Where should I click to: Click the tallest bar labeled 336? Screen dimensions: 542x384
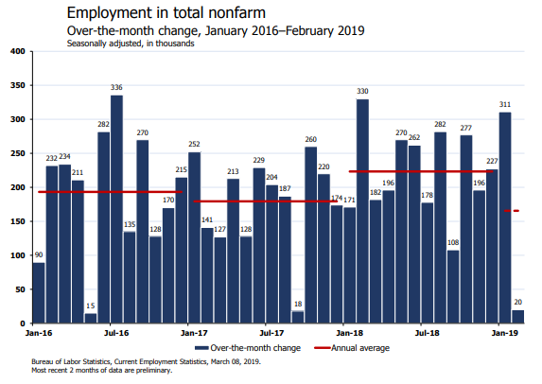pyautogui.click(x=116, y=209)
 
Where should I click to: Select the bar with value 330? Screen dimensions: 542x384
pyautogui.click(x=362, y=211)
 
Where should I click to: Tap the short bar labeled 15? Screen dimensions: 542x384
pyautogui.click(x=91, y=319)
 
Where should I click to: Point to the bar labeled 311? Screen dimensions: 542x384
pyautogui.click(x=505, y=218)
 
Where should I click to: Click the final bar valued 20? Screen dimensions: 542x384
pyautogui.click(x=517, y=317)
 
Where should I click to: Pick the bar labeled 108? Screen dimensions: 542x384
pyautogui.click(x=453, y=287)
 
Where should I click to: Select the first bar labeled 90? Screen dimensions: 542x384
pyautogui.click(x=39, y=293)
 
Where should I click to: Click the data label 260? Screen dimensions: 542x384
pyautogui.click(x=311, y=139)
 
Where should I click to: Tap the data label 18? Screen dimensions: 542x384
pyautogui.click(x=298, y=304)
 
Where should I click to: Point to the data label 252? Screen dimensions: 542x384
pyautogui.click(x=194, y=144)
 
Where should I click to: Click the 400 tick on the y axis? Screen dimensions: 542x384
pyautogui.click(x=18, y=51)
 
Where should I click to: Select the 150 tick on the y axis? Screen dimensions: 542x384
pyautogui.click(x=18, y=221)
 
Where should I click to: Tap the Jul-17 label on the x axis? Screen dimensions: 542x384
pyautogui.click(x=271, y=333)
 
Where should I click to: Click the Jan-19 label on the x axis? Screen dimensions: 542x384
pyautogui.click(x=505, y=333)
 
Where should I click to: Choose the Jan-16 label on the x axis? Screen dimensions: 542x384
pyautogui.click(x=39, y=333)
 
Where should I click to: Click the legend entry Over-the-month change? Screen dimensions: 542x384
pyautogui.click(x=248, y=348)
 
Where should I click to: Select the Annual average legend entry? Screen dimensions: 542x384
pyautogui.click(x=352, y=348)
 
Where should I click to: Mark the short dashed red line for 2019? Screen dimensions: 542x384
pyautogui.click(x=512, y=211)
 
